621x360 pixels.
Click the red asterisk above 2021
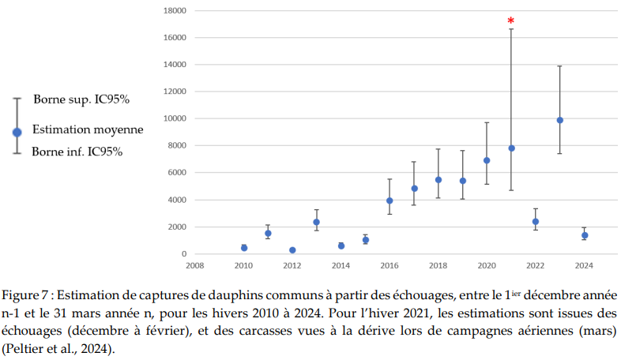[x=511, y=21]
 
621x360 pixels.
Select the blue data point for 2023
[x=559, y=120]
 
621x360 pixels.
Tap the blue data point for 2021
[x=511, y=148]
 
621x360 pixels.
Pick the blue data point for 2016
[x=390, y=201]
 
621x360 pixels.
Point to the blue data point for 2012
[x=292, y=250]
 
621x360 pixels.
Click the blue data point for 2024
[x=584, y=235]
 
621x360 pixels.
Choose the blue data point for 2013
[x=316, y=222]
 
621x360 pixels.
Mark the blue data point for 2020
[x=487, y=160]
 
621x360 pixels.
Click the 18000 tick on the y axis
[x=175, y=10]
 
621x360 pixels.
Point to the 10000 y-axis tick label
[x=175, y=118]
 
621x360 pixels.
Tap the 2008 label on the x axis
[x=194, y=266]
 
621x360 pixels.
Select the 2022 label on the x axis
[x=535, y=266]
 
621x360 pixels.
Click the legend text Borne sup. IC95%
[x=81, y=100]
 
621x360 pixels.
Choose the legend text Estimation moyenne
[x=88, y=129]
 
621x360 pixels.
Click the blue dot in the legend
[x=17, y=132]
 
